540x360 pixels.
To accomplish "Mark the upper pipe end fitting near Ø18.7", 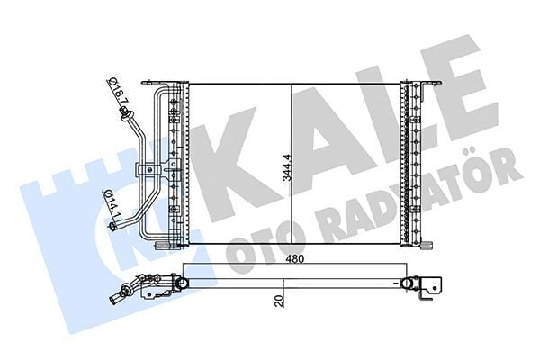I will pyautogui.click(x=123, y=113).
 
